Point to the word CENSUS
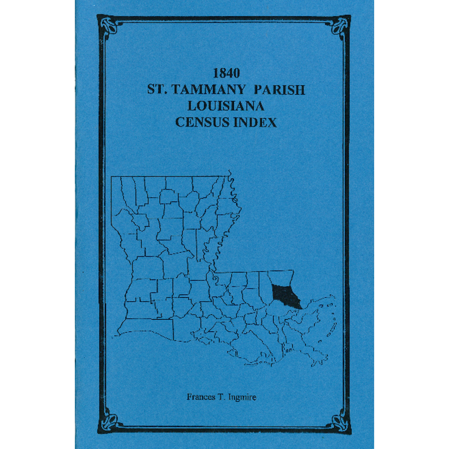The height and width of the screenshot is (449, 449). click(201, 122)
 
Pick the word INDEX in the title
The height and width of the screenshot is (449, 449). click(256, 122)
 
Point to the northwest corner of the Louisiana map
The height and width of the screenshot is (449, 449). click(112, 177)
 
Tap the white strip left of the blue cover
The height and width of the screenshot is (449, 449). click(37, 224)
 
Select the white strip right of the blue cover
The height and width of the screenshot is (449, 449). click(412, 224)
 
